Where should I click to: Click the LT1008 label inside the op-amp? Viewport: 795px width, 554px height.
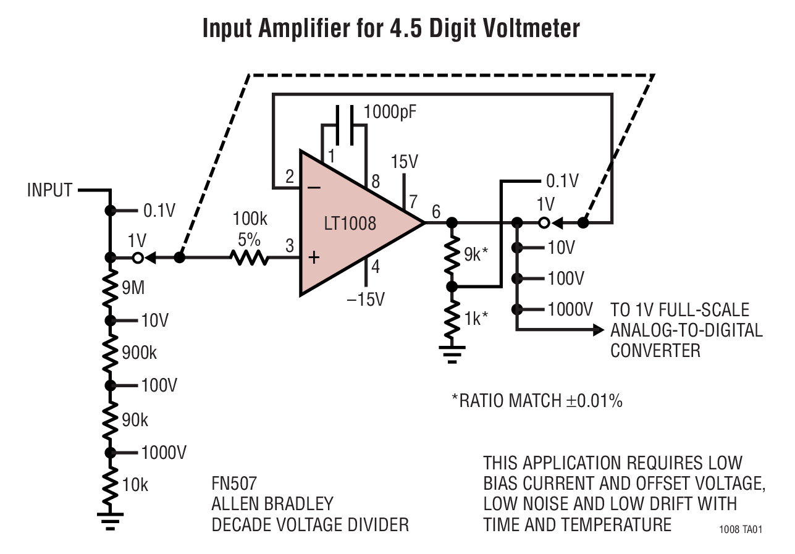tap(350, 223)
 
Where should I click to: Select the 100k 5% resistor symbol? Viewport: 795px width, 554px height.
tap(250, 258)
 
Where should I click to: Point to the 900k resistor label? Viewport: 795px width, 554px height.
tap(140, 353)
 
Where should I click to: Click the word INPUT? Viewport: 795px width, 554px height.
tap(50, 190)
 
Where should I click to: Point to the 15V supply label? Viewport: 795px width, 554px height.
tap(405, 162)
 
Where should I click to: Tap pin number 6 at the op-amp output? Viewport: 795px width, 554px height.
tap(436, 211)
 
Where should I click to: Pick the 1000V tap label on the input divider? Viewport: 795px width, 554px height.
tap(163, 453)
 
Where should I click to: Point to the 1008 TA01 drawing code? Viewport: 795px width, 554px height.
tap(741, 530)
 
